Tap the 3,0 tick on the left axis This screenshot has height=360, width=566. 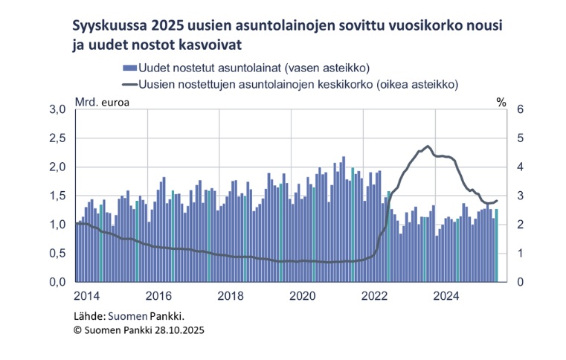coord(59,109)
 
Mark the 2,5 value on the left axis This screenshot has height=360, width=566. coord(59,138)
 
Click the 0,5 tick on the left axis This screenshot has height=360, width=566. coord(59,254)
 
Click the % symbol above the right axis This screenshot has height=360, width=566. coord(501,101)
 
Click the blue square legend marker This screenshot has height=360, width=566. coord(127,68)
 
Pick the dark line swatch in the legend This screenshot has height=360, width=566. coord(127,84)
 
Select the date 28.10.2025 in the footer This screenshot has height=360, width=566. coord(176,329)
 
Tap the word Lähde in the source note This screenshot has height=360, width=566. coord(89,315)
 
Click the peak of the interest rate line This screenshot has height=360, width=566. coord(428,146)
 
